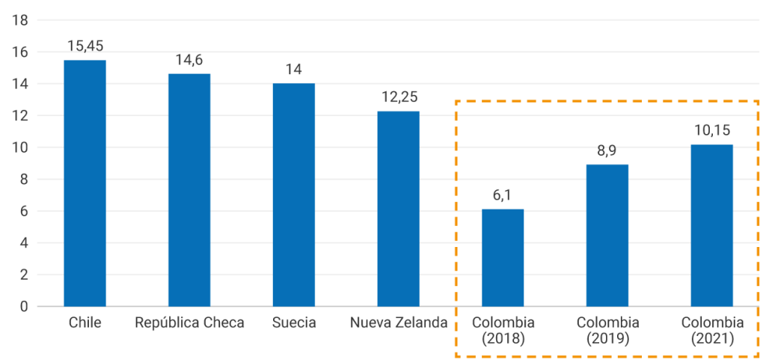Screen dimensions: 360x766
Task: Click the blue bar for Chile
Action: [85, 183]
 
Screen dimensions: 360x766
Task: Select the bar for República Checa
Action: [189, 190]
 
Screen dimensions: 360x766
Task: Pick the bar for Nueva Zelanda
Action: [398, 209]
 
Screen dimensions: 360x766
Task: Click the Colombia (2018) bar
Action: [503, 257]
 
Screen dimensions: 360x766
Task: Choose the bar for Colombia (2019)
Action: [607, 235]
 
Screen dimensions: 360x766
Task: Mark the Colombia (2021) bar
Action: [711, 225]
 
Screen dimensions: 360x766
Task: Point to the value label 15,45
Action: [84, 46]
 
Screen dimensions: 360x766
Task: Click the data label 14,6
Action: [189, 60]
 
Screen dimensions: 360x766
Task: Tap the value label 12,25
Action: [398, 97]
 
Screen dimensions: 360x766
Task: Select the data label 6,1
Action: [503, 195]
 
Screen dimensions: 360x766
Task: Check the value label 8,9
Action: [607, 150]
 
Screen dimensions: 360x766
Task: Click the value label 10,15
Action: [711, 130]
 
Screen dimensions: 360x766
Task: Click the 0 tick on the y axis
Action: [24, 306]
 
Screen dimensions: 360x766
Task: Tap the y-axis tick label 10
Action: [20, 147]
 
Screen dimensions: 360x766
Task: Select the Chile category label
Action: [85, 323]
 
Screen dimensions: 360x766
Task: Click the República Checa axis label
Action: [189, 323]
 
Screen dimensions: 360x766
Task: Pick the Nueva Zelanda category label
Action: [398, 323]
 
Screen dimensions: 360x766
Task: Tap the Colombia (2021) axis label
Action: [712, 330]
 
